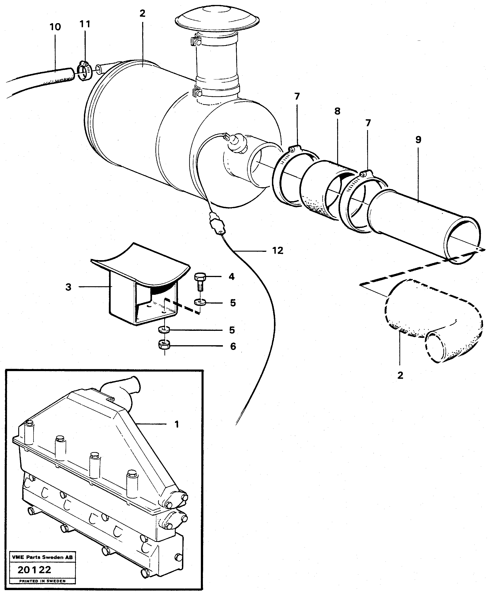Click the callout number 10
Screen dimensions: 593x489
55,27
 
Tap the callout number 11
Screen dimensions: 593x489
85,24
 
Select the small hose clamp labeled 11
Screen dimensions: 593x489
84,71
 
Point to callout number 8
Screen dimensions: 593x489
337,111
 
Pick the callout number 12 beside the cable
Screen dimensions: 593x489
278,250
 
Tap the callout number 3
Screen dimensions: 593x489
68,287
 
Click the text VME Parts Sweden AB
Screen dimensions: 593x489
42,557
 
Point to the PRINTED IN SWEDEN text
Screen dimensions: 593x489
42,581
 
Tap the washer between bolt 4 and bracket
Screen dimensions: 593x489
200,302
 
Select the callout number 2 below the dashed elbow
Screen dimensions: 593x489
400,375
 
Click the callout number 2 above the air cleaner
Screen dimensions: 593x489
142,13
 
